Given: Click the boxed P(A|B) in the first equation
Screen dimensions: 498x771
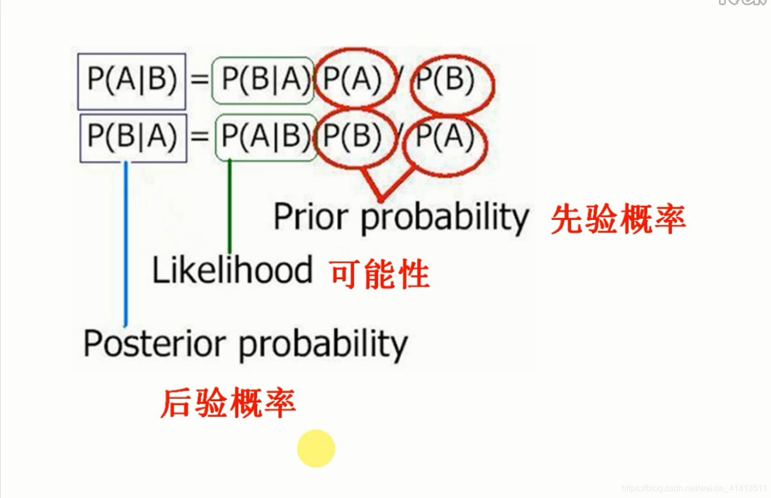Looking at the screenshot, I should pyautogui.click(x=132, y=80).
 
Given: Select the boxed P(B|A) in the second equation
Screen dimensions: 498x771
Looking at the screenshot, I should pyautogui.click(x=133, y=136).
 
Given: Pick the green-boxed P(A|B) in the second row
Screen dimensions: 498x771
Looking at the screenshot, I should pyautogui.click(x=264, y=136).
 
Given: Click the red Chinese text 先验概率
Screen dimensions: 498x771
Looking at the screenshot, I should pyautogui.click(x=618, y=220).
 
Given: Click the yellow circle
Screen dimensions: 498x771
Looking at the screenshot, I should pyautogui.click(x=316, y=449).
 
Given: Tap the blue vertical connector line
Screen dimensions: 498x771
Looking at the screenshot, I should pyautogui.click(x=126, y=241).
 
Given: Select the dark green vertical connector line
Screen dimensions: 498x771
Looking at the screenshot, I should pyautogui.click(x=230, y=206).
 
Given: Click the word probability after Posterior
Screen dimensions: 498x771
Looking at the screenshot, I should pyautogui.click(x=322, y=345).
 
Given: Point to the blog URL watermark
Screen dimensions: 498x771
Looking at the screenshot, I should pyautogui.click(x=694, y=488).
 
